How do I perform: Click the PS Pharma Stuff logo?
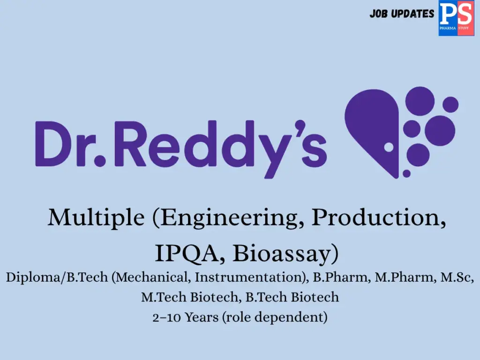click(x=456, y=18)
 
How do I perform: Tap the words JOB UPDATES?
click(x=402, y=14)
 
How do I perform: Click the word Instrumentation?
click(x=248, y=277)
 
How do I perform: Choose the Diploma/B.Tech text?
click(x=57, y=277)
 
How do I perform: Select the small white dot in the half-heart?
click(x=388, y=147)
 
